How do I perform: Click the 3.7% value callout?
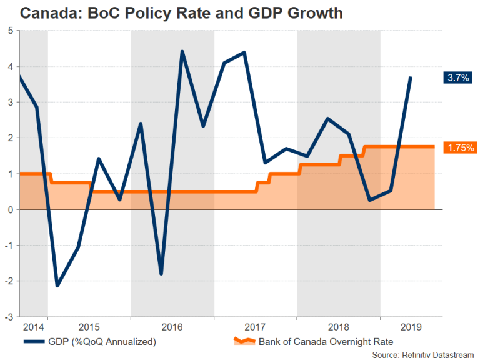click(x=456, y=78)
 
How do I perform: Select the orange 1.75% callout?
click(x=461, y=148)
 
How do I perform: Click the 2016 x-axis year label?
click(x=172, y=327)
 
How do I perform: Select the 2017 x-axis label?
click(x=255, y=327)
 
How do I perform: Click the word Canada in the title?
click(x=46, y=12)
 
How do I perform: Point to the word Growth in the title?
click(x=310, y=12)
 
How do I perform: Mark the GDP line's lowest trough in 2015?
click(x=57, y=286)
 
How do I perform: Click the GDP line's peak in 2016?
click(x=182, y=51)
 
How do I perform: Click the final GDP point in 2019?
click(x=411, y=77)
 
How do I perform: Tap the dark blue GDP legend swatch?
click(x=35, y=341)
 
